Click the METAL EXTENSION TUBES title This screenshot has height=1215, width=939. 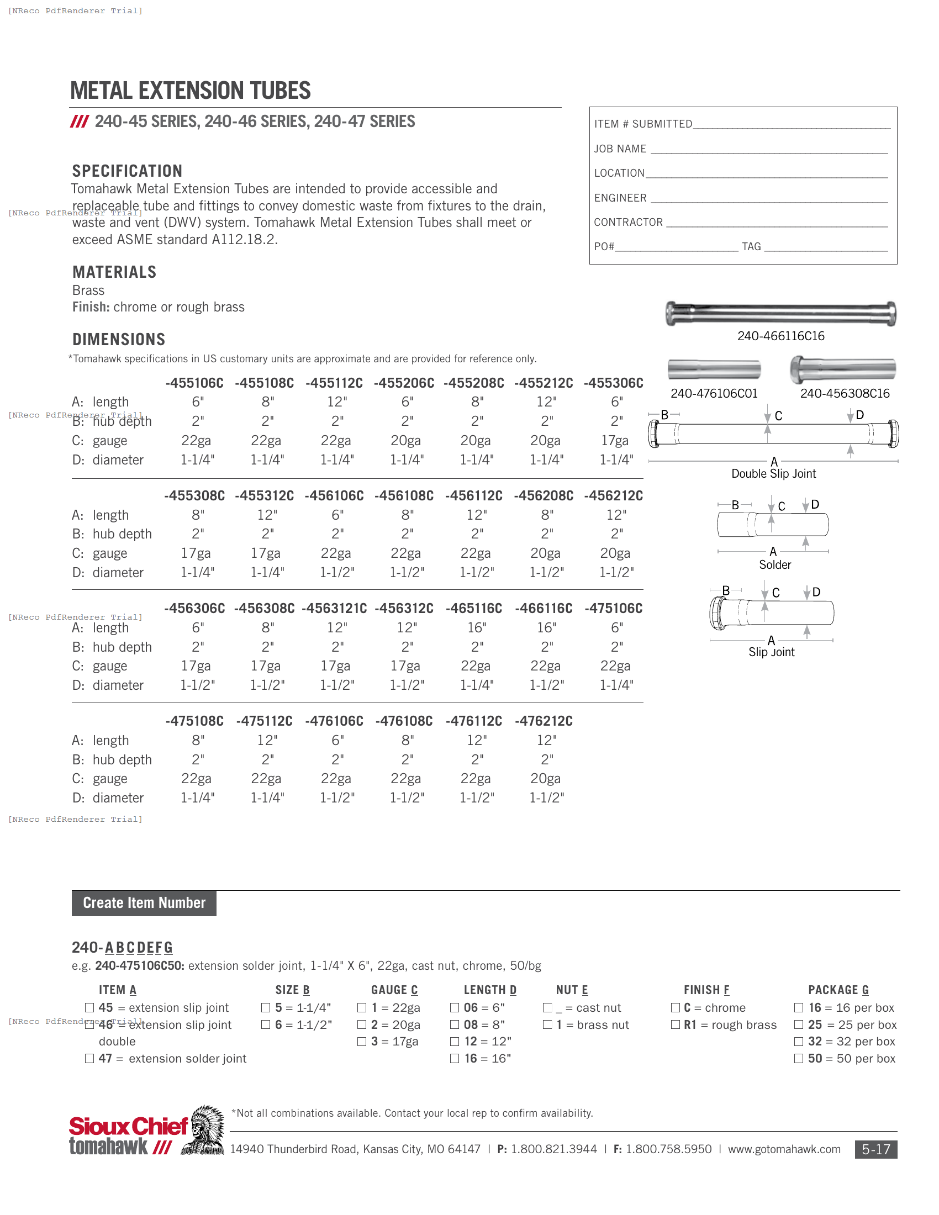click(189, 91)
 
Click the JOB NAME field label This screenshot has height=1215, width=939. click(620, 149)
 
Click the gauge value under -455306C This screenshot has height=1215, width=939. click(615, 441)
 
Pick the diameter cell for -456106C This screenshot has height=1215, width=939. click(336, 573)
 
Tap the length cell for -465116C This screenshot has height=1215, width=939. click(476, 627)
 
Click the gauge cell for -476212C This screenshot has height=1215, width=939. click(545, 778)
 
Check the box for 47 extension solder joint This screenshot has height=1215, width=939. click(89, 1058)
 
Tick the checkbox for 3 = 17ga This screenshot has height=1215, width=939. click(362, 1042)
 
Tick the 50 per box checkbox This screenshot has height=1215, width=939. click(799, 1058)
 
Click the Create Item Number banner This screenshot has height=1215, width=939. click(144, 902)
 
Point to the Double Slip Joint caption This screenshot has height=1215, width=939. click(773, 473)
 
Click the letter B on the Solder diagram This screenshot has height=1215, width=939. click(735, 505)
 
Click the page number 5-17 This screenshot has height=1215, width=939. click(875, 1149)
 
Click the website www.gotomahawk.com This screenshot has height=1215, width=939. click(784, 1149)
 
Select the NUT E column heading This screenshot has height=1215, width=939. click(571, 990)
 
